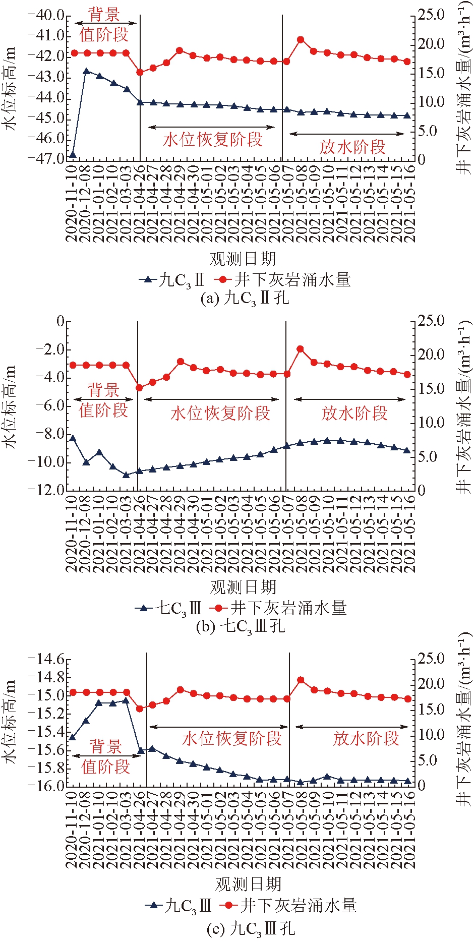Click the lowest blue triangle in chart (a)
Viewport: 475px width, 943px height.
[73, 154]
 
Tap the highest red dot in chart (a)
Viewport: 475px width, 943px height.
[301, 39]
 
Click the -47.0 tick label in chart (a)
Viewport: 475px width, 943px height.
[46, 159]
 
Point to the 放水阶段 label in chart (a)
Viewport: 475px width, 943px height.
[352, 147]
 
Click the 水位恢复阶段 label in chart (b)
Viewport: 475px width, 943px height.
[220, 413]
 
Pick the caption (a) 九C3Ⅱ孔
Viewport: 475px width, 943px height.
[245, 298]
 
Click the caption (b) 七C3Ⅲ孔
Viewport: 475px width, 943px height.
[241, 626]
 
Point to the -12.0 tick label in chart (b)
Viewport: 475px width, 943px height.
[46, 490]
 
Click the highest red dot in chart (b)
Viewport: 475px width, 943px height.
[301, 348]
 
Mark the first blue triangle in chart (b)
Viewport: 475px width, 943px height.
[73, 438]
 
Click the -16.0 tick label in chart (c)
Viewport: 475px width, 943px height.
[46, 786]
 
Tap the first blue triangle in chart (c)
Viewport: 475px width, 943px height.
[73, 737]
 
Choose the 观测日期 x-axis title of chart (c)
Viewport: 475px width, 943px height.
[248, 884]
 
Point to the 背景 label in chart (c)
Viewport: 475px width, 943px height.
[105, 747]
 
